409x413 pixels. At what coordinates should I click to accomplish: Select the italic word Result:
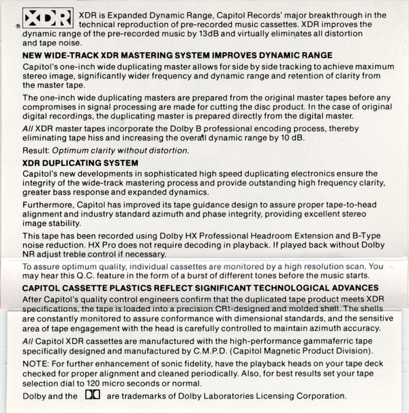pos(35,150)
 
